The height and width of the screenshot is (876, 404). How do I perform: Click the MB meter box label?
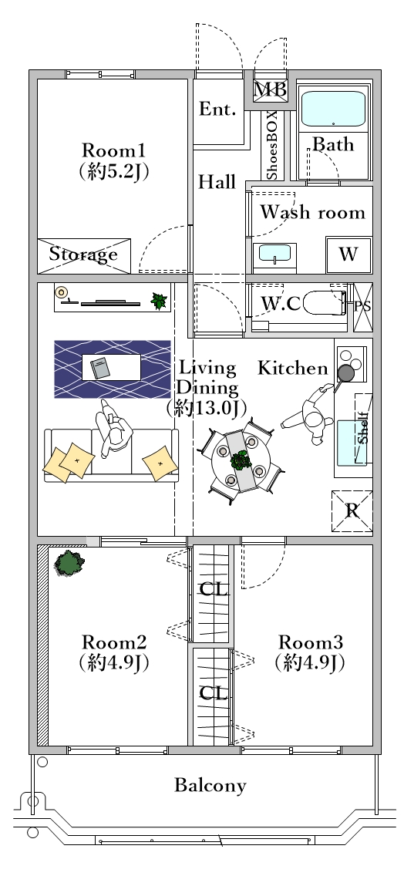tap(271, 89)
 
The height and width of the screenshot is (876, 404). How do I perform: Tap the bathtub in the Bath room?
tap(333, 109)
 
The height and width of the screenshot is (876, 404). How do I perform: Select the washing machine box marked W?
tap(348, 254)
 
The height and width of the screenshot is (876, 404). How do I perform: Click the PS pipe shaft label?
tap(363, 307)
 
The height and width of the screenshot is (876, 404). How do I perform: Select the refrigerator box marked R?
tap(352, 510)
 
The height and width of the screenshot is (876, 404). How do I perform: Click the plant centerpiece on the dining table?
tap(241, 460)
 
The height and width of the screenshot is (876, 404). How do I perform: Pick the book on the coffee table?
tap(101, 368)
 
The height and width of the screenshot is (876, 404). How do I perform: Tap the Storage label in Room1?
tap(83, 254)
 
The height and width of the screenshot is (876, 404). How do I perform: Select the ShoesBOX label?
tap(271, 145)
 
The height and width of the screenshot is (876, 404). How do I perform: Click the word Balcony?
tap(210, 786)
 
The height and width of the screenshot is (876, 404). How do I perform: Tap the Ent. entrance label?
tap(218, 109)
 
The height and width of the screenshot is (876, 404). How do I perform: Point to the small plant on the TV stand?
tap(159, 301)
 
